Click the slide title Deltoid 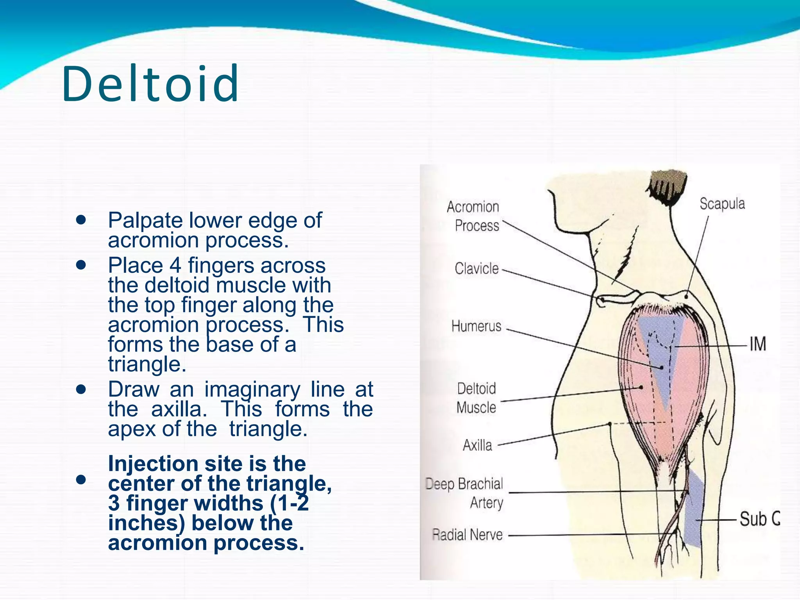point(150,84)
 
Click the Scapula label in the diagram point(722,204)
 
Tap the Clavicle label point(477,268)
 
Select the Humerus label point(476,326)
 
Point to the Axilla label point(477,445)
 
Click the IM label point(757,345)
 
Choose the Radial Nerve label point(467,534)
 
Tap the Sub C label point(759,519)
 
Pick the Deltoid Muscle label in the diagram point(476,398)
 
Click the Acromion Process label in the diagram point(473,216)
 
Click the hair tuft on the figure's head point(667,186)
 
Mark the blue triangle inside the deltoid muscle point(660,352)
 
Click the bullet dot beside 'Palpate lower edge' point(81,220)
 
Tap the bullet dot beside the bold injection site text point(81,479)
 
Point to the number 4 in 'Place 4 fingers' point(175,266)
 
